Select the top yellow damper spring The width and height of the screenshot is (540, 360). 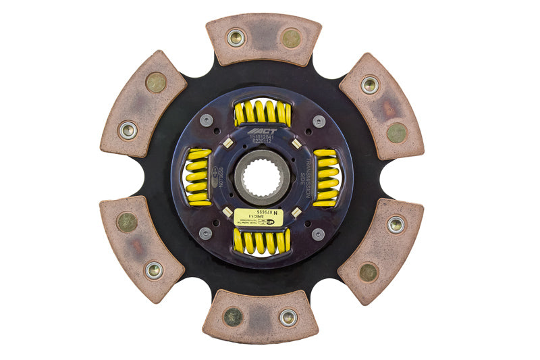point(263,113)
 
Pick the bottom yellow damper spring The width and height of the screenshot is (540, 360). point(262,241)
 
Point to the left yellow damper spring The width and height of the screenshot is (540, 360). point(198,177)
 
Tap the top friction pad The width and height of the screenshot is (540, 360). point(263,40)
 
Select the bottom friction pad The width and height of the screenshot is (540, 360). point(261,315)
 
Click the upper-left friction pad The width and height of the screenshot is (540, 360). point(143,103)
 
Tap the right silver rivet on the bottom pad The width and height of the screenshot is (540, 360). point(288,317)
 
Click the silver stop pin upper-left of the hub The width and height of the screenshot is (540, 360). point(206,120)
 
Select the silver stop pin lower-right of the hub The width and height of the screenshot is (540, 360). point(318,234)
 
